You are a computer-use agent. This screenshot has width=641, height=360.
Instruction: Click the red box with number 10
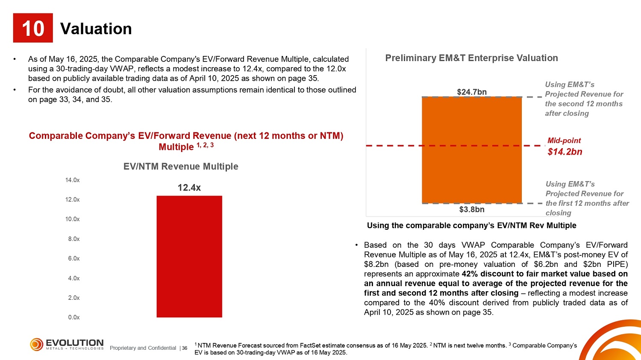[x=33, y=28]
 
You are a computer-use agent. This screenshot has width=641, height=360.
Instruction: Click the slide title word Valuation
[x=96, y=29]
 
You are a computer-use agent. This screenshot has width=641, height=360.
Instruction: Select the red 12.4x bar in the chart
[x=189, y=257]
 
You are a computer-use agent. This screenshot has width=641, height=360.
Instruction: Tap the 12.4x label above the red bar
[x=189, y=187]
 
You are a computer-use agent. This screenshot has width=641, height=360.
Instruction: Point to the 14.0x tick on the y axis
[x=72, y=180]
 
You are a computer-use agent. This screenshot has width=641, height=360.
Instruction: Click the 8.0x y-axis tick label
[x=74, y=239]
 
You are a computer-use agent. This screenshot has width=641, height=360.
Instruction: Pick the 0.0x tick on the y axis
[x=74, y=317]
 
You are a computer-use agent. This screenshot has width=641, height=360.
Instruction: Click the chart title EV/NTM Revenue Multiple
[x=181, y=167]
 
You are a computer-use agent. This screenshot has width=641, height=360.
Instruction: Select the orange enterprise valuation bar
[x=472, y=150]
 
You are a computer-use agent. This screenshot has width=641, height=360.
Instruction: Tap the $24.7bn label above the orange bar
[x=472, y=92]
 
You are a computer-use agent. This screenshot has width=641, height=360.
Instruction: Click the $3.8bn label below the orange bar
[x=472, y=209]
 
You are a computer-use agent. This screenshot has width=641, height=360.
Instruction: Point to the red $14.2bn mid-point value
[x=565, y=152]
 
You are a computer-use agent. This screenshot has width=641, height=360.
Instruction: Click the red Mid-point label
[x=564, y=140]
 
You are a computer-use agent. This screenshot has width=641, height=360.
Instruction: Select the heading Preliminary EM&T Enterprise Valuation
[x=472, y=58]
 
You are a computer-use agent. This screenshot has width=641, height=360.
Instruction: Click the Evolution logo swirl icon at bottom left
[x=37, y=344]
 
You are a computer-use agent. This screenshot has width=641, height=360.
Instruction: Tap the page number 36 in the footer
[x=185, y=348]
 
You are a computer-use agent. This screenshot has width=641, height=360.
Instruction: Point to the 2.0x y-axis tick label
[x=74, y=298]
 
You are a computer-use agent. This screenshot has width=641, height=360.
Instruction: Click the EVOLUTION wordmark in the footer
[x=75, y=342]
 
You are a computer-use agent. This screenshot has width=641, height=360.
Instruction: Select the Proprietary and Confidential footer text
[x=143, y=348]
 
